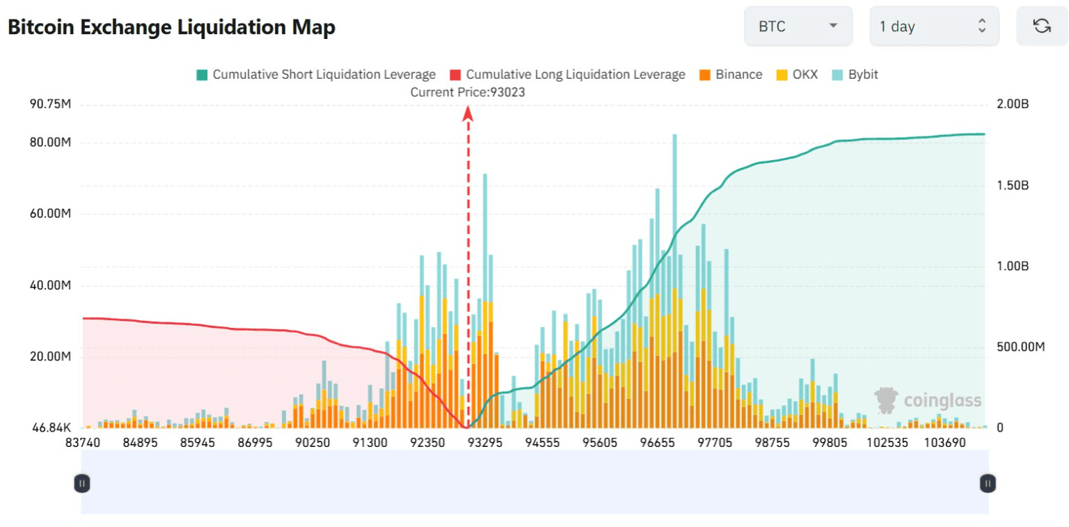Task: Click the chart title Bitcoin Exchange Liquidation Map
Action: [171, 27]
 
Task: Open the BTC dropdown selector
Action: [798, 26]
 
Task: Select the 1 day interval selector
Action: [933, 26]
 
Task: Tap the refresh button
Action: [1042, 26]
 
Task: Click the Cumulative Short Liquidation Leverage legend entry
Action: [317, 74]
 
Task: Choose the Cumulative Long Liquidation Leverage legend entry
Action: [568, 74]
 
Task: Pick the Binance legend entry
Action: [730, 74]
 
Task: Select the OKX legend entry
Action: [798, 74]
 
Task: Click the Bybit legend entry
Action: [855, 74]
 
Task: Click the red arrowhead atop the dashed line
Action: [468, 113]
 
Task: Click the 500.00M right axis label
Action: [1020, 347]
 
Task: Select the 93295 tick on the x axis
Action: [485, 443]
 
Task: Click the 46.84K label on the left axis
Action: [52, 427]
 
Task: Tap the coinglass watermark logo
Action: [928, 400]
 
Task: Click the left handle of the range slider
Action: [82, 482]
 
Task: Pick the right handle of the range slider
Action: [988, 482]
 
